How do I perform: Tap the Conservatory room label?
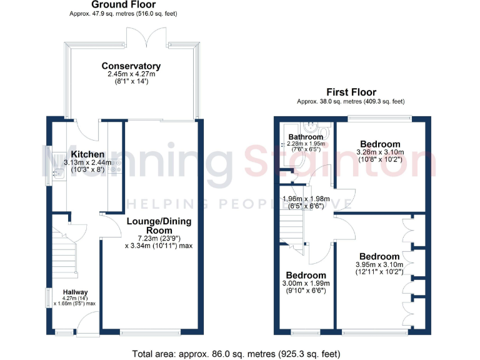(x=131, y=66)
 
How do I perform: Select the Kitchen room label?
(x=87, y=154)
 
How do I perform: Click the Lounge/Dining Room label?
(x=159, y=226)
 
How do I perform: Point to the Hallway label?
(x=74, y=292)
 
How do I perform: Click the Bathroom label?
(x=306, y=137)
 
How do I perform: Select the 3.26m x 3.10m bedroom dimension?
(x=380, y=151)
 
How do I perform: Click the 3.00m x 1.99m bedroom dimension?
(x=306, y=283)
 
